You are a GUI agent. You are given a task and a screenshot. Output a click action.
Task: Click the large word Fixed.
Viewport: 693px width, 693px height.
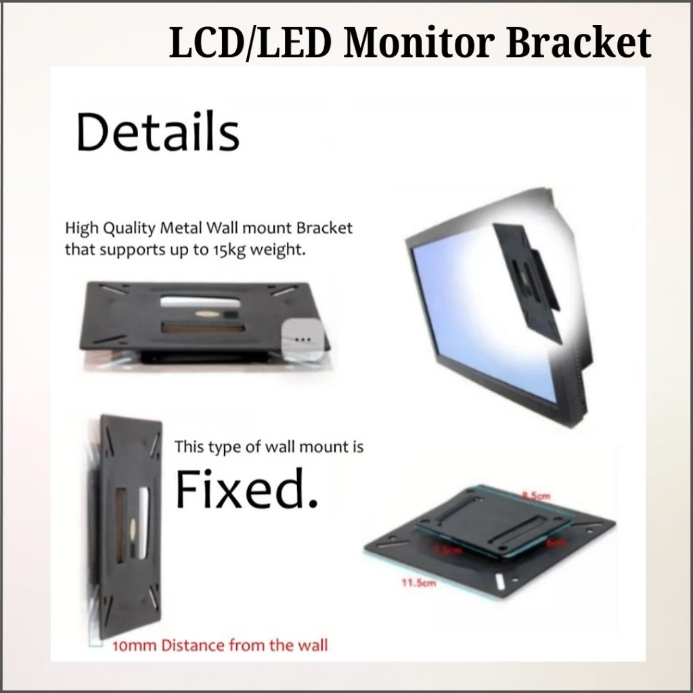pos(246,490)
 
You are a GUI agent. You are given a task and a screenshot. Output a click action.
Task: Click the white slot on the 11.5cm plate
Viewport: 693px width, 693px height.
pos(499,581)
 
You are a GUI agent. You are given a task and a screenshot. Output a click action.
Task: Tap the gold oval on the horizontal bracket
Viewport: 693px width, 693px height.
pos(205,316)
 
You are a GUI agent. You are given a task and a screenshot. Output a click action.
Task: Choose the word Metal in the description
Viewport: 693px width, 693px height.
pos(181,227)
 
